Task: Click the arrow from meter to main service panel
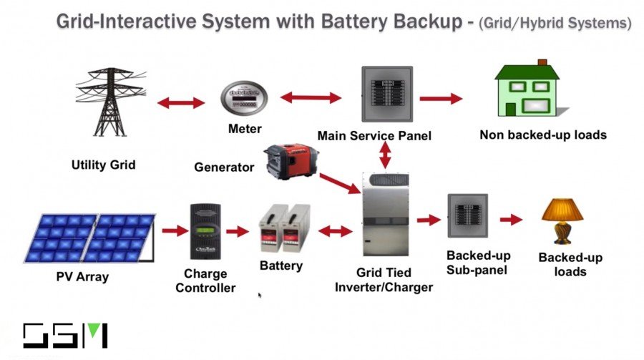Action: coord(311,97)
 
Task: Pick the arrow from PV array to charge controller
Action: coord(173,230)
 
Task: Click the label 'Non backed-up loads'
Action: coord(542,135)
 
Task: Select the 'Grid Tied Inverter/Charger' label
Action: coord(394,281)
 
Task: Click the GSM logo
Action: coord(64,336)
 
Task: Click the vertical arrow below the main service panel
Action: coord(386,154)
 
